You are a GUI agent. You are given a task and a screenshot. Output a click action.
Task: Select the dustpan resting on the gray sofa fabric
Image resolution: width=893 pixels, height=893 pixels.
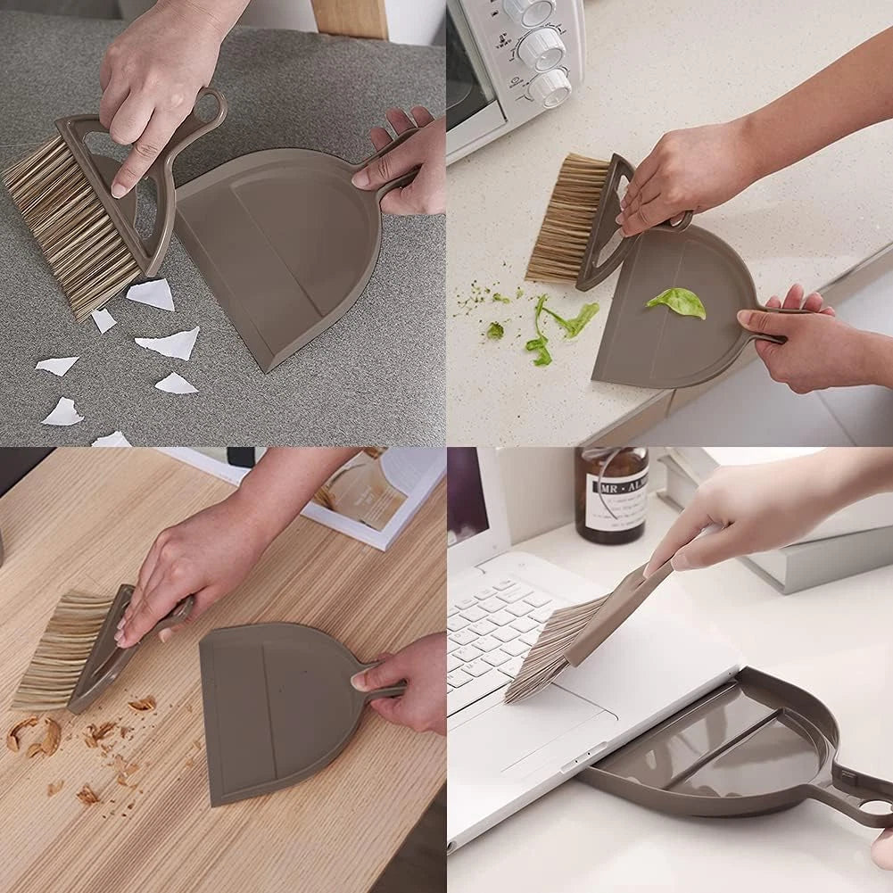click(277, 250)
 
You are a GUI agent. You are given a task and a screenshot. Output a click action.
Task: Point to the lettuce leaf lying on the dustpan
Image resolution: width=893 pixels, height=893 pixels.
click(677, 302)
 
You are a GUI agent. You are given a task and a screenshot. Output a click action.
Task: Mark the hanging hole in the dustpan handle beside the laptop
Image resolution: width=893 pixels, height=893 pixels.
click(879, 806)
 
